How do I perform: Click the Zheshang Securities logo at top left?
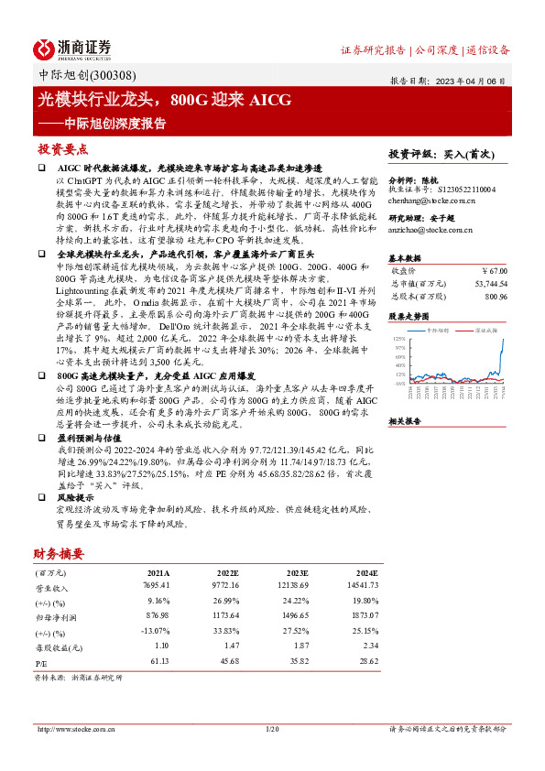[72, 49]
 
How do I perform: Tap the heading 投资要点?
[62, 149]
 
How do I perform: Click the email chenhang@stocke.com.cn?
[431, 198]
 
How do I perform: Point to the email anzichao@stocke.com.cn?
[431, 230]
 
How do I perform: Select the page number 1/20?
[271, 729]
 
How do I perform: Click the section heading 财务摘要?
[59, 554]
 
